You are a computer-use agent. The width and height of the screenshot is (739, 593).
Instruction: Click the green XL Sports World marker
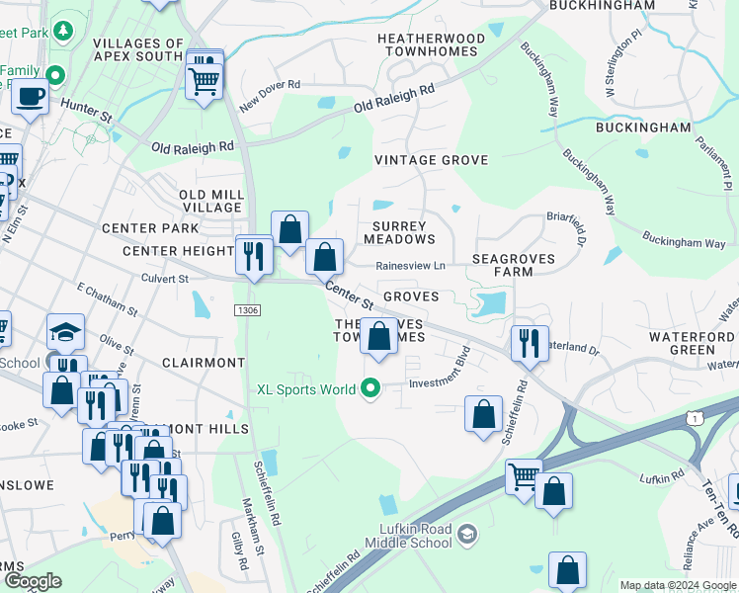pos(370,389)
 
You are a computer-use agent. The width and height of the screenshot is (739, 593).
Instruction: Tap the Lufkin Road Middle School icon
pos(466,535)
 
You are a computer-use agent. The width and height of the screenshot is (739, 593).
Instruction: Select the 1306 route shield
pos(247,310)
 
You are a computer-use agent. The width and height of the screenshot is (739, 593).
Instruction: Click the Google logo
pos(33,581)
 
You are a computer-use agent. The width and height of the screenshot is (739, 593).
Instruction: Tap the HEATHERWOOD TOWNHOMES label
pos(431,44)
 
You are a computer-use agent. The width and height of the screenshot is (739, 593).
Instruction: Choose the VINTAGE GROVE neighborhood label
pos(431,160)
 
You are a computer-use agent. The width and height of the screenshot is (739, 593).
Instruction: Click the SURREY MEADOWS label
pos(399,232)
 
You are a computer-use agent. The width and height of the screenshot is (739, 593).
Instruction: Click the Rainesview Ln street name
pos(410,265)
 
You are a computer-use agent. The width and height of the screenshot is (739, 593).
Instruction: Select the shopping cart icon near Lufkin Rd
pos(523,475)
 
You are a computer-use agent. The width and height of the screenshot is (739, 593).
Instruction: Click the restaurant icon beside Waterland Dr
pos(530,343)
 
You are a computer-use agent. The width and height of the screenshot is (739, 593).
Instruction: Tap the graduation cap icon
pos(65,331)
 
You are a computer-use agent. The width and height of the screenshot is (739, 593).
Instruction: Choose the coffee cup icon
pos(30,96)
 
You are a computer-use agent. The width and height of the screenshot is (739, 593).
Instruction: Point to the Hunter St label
pos(86,111)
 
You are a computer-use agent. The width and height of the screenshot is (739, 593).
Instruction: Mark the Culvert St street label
pos(164,280)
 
